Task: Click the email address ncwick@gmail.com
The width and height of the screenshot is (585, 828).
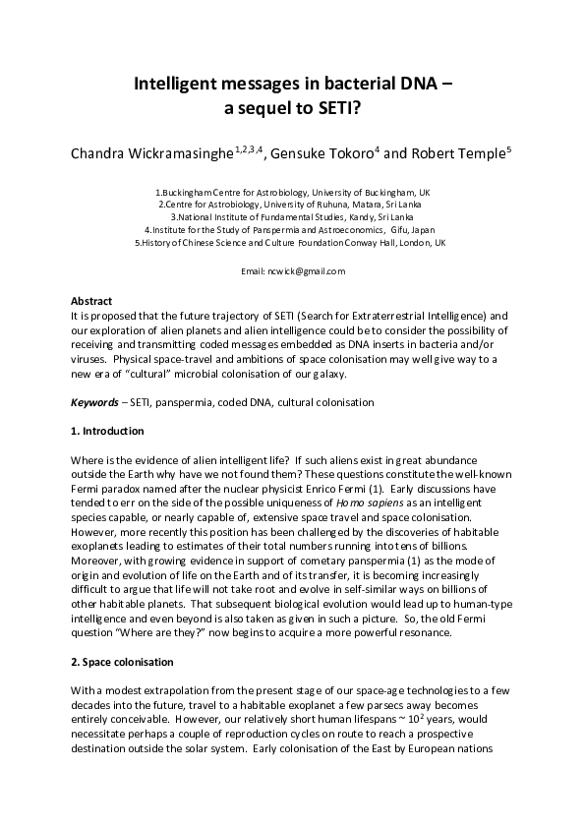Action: [x=293, y=270]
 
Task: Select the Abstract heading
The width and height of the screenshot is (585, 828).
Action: [x=91, y=301]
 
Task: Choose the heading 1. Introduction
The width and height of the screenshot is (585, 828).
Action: [x=107, y=431]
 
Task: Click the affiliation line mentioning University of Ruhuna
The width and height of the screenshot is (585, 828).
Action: [x=292, y=204]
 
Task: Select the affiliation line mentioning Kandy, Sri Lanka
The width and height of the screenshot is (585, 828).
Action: [x=292, y=216]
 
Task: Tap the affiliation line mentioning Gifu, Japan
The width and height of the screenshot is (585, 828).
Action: [x=292, y=228]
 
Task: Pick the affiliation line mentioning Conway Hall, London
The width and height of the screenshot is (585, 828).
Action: [x=292, y=241]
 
